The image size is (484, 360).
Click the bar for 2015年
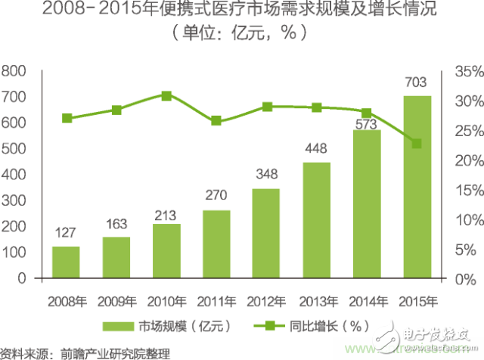pyautogui.click(x=417, y=187)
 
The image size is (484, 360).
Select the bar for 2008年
pyautogui.click(x=66, y=262)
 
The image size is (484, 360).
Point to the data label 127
pyautogui.click(x=66, y=231)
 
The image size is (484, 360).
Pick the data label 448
pyautogui.click(x=317, y=147)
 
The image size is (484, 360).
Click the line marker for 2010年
pyautogui.click(x=166, y=96)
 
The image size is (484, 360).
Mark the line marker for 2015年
pyautogui.click(x=417, y=144)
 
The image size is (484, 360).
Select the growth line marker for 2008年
pyautogui.click(x=67, y=118)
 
